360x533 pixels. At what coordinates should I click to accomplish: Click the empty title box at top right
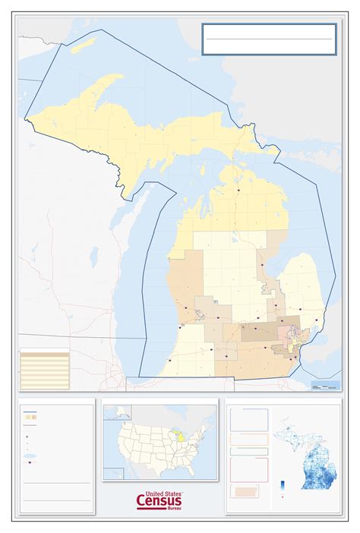(269, 39)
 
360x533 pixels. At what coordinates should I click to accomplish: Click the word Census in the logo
(159, 500)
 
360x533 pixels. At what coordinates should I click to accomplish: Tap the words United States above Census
(160, 491)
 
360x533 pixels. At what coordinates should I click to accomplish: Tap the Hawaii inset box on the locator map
(114, 473)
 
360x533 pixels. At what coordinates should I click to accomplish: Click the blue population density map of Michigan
(311, 456)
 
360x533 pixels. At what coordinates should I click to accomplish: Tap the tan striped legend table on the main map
(44, 369)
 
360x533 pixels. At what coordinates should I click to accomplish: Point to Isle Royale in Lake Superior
(77, 49)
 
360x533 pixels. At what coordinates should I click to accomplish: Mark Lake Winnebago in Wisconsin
(93, 256)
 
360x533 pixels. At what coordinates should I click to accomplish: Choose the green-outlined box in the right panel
(249, 451)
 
